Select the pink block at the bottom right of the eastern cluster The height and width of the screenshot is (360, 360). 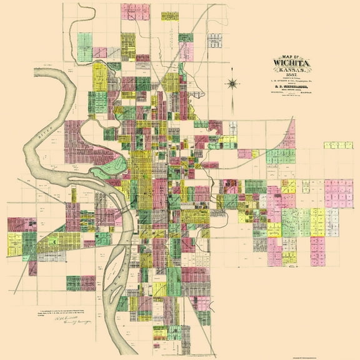tap(318, 251)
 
